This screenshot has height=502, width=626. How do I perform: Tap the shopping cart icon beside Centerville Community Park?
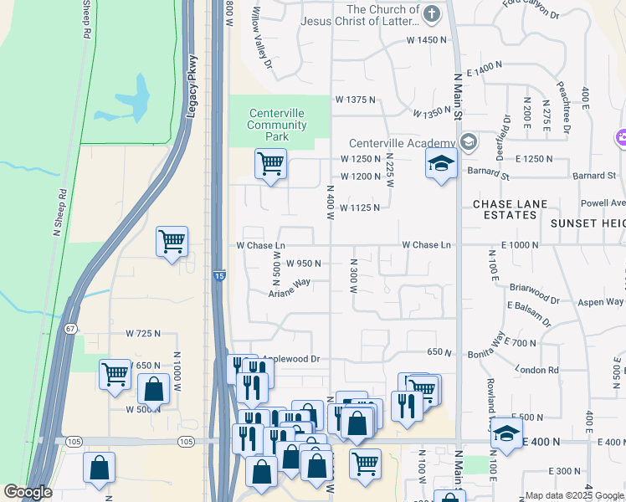(x=270, y=164)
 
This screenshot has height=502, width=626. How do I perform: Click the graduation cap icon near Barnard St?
(x=440, y=164)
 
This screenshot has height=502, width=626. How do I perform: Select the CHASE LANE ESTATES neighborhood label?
(x=505, y=209)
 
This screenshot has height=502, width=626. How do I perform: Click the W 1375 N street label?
(x=355, y=100)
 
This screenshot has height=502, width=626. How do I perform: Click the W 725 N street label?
(x=143, y=334)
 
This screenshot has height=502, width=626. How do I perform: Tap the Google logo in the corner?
(x=28, y=492)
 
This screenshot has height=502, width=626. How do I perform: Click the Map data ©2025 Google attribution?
(x=574, y=496)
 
